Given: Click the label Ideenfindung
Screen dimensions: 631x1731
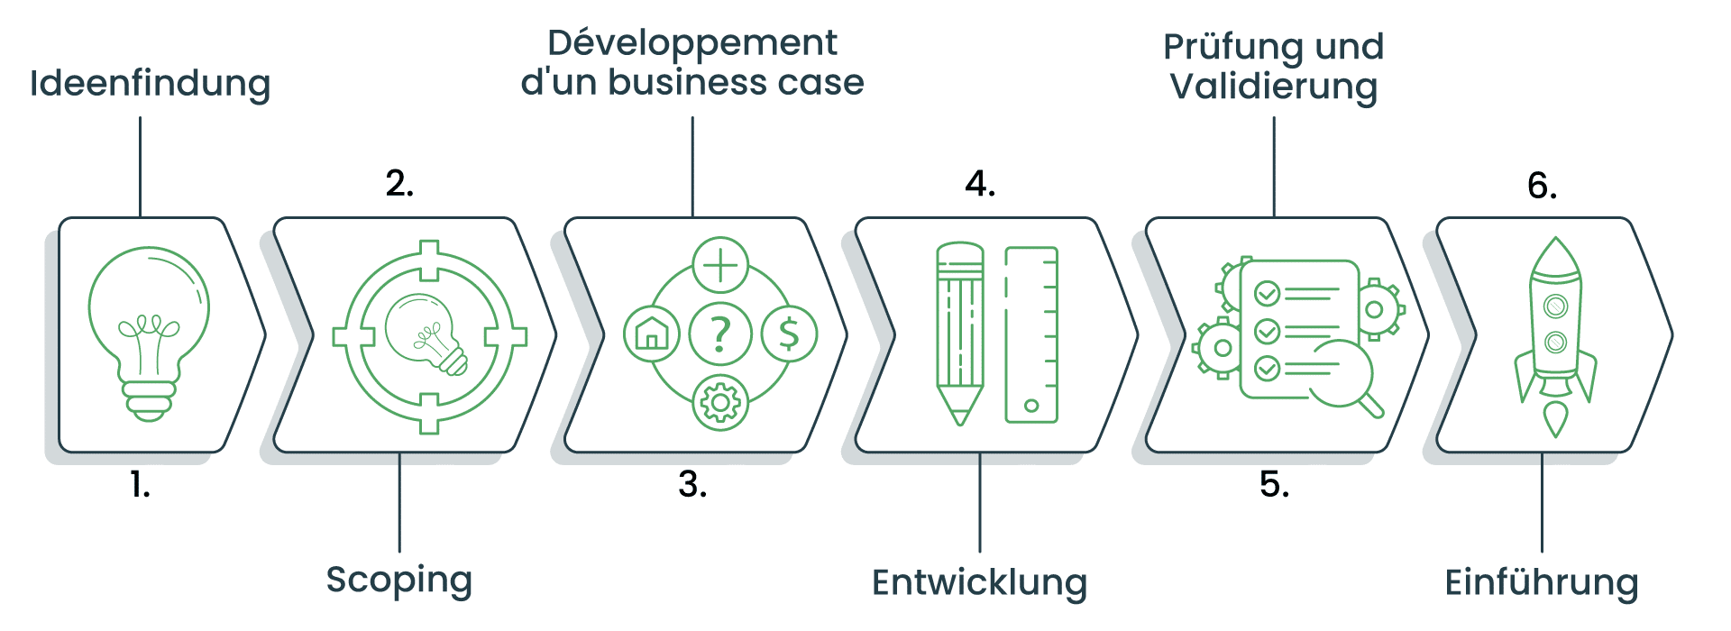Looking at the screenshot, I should (150, 83).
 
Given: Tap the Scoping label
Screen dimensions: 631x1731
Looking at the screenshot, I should (398, 580).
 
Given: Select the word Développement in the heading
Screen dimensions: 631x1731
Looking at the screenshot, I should (691, 43).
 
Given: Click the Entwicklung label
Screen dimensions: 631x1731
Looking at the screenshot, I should (979, 581).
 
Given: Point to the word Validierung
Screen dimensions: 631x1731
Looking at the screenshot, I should (1273, 87).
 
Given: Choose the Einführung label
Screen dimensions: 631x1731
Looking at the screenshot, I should (1541, 581).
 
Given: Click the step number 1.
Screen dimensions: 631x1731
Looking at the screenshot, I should (140, 485).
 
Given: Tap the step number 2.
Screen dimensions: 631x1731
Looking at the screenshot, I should (399, 184).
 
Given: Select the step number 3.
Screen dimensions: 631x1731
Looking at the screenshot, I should (692, 485).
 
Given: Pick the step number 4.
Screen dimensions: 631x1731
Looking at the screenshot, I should (980, 184).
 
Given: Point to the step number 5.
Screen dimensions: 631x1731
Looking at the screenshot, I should (1274, 485).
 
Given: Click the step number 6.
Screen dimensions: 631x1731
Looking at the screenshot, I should (1542, 186).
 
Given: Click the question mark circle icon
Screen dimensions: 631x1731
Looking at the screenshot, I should (719, 334).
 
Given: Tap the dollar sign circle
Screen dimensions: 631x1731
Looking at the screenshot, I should (789, 334).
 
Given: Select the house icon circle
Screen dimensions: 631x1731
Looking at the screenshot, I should (651, 334).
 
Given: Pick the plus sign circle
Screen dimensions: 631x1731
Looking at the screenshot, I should (720, 265).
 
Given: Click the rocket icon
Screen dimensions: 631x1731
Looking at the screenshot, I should (1555, 334).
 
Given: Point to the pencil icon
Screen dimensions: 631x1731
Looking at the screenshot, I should (960, 334).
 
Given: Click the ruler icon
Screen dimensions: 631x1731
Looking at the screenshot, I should (1031, 334).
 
